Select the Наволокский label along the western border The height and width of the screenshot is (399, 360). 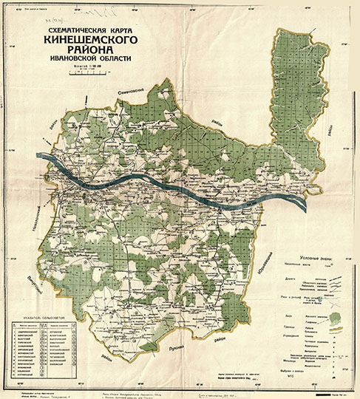33,219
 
